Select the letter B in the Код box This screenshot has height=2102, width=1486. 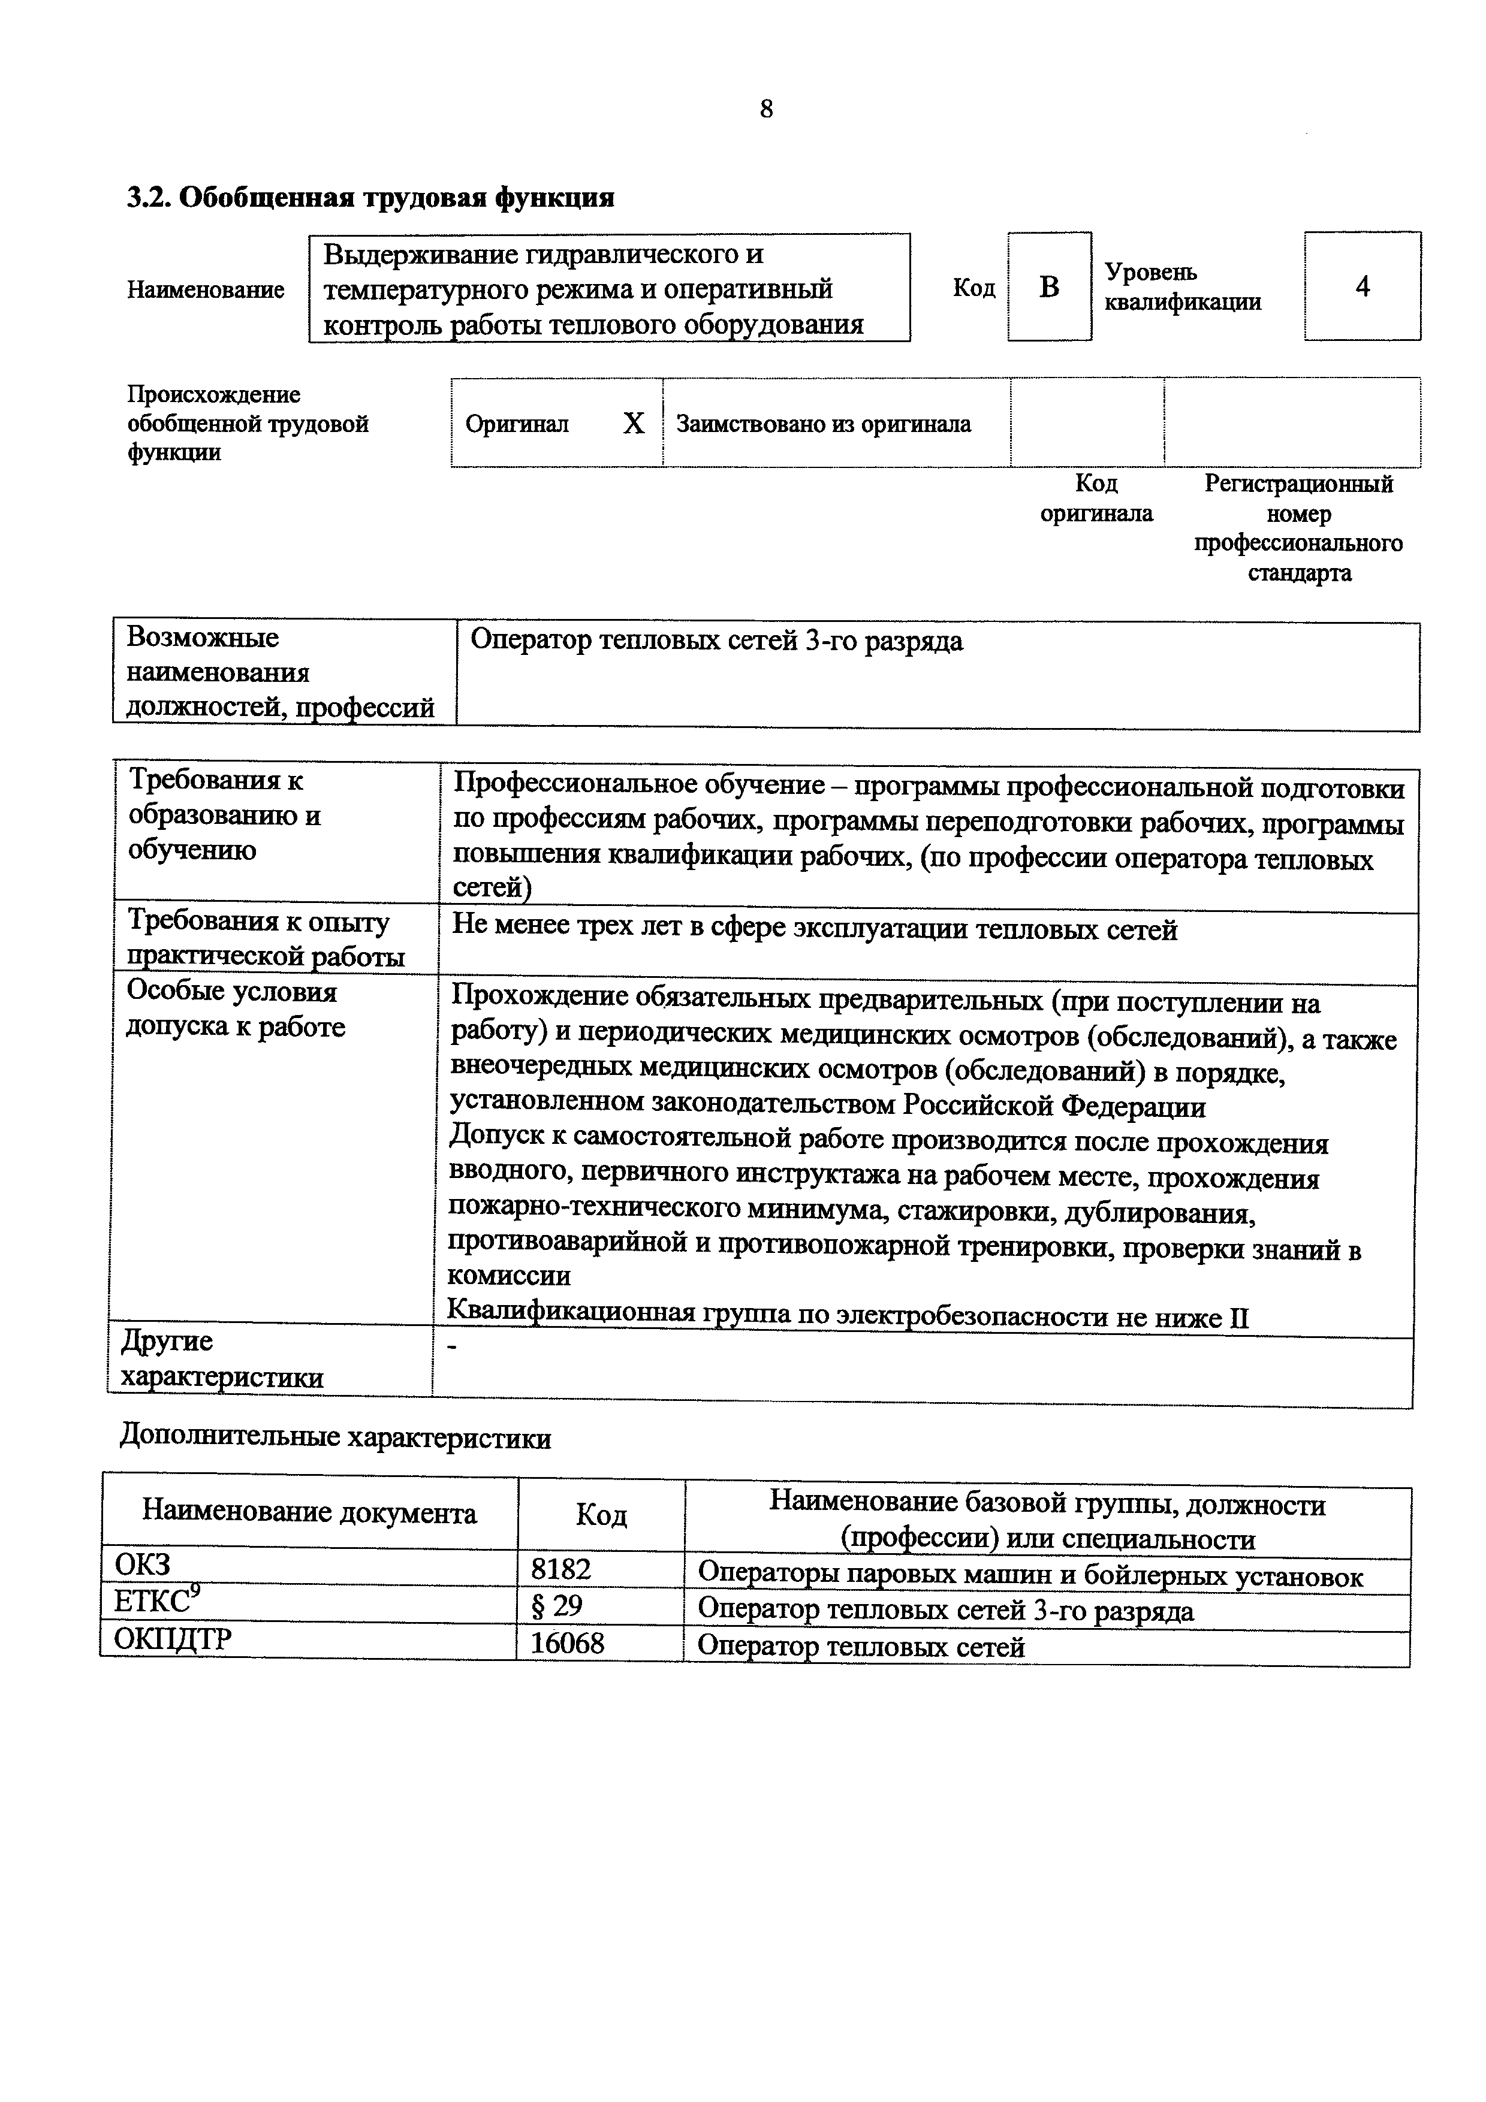click(1049, 288)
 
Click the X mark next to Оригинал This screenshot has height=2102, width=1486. click(634, 424)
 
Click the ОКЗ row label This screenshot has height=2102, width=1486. click(142, 1565)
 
